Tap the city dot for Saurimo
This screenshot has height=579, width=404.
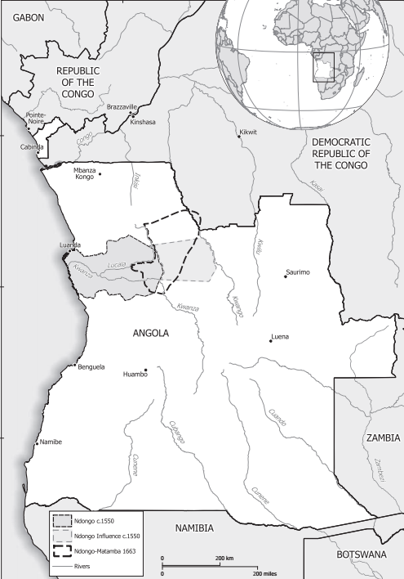[285, 276]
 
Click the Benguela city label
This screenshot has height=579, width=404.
[91, 366]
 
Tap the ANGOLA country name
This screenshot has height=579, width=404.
[150, 334]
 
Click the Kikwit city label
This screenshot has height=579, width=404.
[247, 132]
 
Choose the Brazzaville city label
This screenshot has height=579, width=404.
[122, 107]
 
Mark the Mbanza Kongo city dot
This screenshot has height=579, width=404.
[100, 173]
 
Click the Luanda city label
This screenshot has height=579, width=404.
[70, 245]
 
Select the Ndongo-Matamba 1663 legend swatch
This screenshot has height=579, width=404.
[60, 550]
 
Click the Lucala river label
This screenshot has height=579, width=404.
[117, 266]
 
